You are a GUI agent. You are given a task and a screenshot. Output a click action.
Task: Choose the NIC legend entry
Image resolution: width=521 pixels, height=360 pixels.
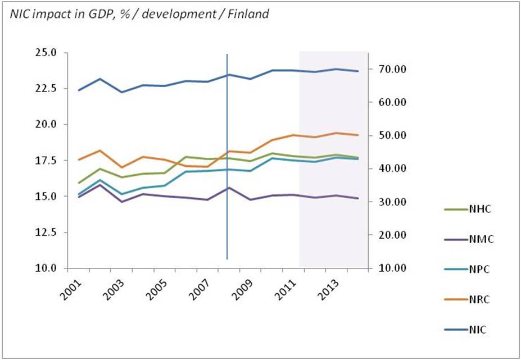pos(478,330)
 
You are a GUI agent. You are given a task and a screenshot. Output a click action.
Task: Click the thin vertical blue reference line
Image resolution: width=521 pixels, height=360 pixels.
pos(227,168)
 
